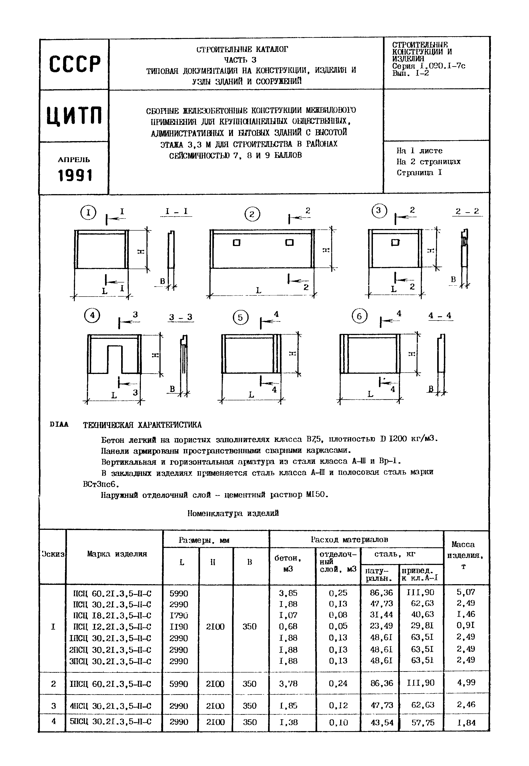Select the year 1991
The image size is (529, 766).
(x=75, y=175)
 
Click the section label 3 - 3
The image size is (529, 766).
(x=181, y=317)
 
